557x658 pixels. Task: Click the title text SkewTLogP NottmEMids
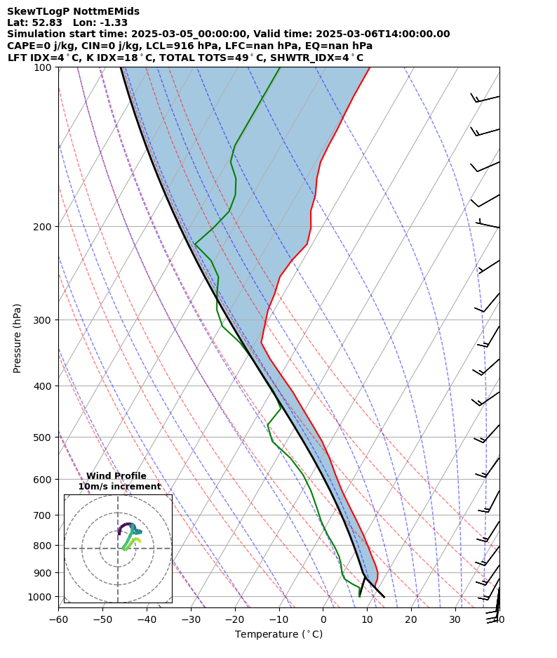click(x=73, y=11)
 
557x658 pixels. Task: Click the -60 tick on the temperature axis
click(x=58, y=619)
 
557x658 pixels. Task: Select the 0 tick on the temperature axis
click(x=323, y=619)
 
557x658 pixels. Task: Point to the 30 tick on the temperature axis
click(x=455, y=619)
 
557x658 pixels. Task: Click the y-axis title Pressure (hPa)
click(x=18, y=338)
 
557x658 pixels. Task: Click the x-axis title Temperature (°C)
click(x=278, y=635)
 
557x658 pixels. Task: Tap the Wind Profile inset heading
click(x=116, y=476)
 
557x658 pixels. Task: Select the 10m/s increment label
click(x=119, y=487)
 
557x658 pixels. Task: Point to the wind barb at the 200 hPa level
click(x=488, y=225)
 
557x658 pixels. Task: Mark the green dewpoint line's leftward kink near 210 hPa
click(x=195, y=244)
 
